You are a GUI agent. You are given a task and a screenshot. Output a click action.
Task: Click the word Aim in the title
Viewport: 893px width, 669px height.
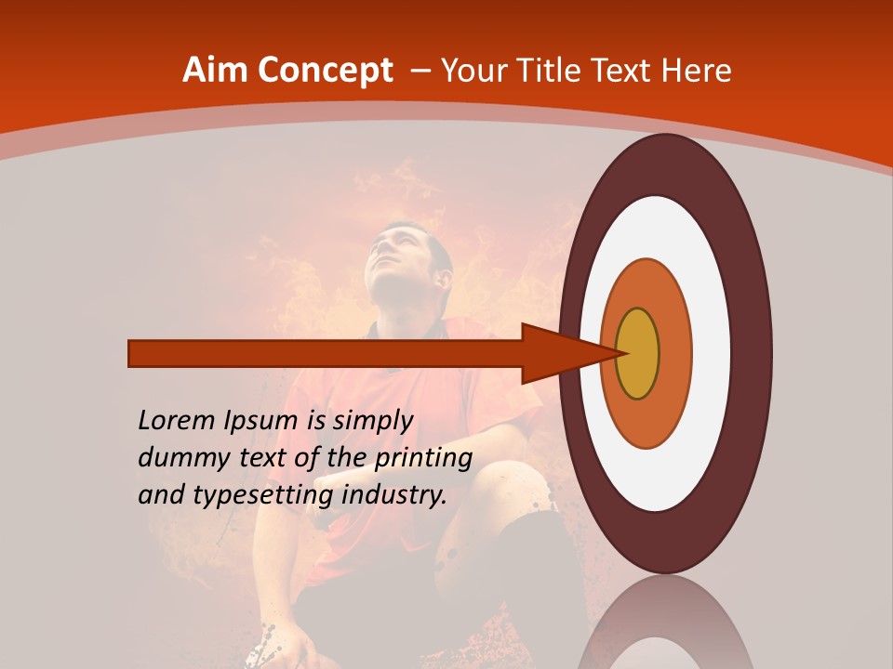(213, 71)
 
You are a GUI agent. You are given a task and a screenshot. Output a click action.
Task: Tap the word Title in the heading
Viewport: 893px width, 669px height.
(548, 71)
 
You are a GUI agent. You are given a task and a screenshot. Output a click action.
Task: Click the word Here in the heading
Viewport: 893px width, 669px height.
(698, 71)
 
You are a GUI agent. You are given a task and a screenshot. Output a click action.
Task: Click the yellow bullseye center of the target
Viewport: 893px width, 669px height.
(638, 354)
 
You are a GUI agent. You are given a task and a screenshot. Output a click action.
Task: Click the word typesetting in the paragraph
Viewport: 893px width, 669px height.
(263, 495)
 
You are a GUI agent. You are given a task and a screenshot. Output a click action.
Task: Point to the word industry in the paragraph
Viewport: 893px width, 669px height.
(393, 495)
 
